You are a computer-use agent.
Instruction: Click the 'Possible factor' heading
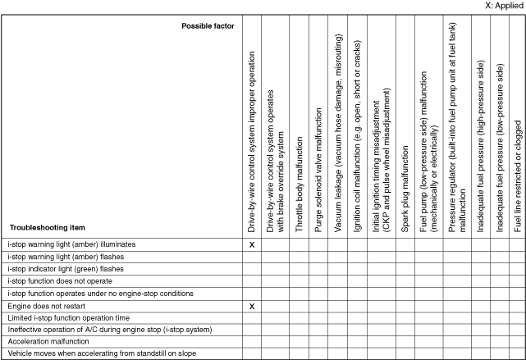coord(208,26)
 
